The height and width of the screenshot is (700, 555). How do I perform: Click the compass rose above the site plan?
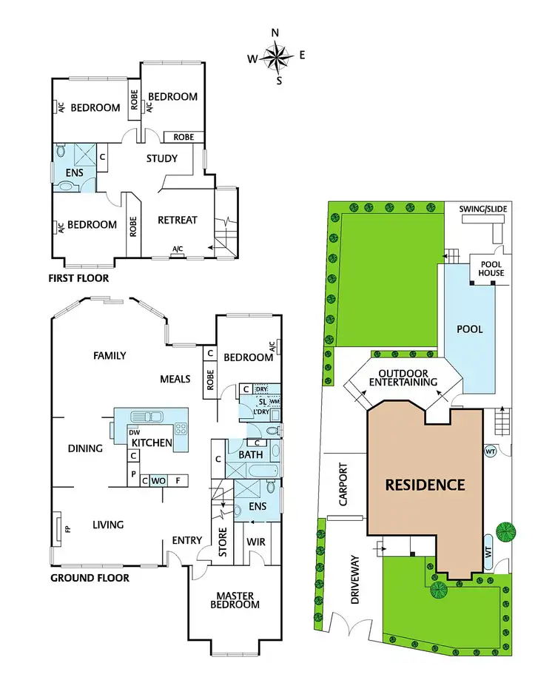[x=279, y=55]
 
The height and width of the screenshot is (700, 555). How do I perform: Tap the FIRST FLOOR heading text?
[x=79, y=279]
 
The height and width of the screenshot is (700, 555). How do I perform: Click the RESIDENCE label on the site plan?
[x=425, y=485]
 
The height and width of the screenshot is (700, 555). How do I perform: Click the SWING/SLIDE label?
[x=482, y=209]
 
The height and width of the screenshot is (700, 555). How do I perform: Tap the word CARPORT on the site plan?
[x=343, y=490]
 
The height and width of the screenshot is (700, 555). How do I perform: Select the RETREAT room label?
[x=178, y=220]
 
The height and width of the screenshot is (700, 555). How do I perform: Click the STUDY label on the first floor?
[x=161, y=158]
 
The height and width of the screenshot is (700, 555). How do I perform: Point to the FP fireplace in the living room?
[x=58, y=530]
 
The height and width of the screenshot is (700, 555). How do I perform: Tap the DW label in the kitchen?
[x=134, y=433]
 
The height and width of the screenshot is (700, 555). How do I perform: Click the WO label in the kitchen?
[x=158, y=481]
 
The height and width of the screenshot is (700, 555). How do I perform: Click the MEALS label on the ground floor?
[x=175, y=379]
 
